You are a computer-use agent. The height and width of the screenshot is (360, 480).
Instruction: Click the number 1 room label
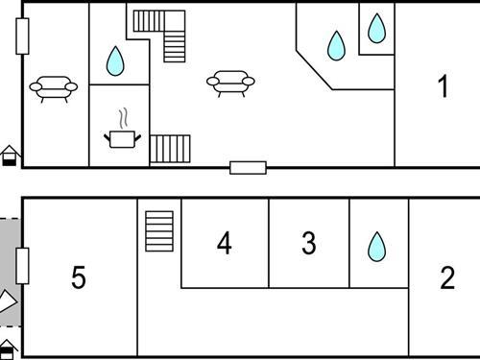[x=444, y=85]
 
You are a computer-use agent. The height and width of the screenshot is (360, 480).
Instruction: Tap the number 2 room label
[x=447, y=277]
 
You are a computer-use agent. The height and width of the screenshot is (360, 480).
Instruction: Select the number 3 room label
[x=309, y=243]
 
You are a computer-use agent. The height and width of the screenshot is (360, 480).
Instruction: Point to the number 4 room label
[x=224, y=243]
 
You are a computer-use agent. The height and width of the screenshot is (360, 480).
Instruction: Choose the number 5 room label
[x=79, y=277]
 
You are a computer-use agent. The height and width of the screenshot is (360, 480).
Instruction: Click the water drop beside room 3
[x=377, y=247]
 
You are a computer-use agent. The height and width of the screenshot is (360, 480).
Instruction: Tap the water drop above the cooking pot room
[x=115, y=61]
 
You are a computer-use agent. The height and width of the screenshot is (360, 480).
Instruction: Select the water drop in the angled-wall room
[x=336, y=45]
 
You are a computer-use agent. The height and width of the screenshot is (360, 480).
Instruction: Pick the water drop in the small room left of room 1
[x=376, y=28]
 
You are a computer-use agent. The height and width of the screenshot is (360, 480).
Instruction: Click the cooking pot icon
[x=122, y=139]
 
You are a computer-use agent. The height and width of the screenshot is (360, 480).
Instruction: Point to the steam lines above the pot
[x=124, y=119]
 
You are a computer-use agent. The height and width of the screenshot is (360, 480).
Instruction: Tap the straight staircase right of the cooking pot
[x=170, y=149]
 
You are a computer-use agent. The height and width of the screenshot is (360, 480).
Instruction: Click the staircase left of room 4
[x=159, y=231]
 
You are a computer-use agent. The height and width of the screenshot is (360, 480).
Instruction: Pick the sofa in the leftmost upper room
[x=54, y=88]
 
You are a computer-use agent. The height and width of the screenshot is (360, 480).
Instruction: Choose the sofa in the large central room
[x=230, y=84]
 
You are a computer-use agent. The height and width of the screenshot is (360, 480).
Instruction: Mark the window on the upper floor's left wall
[x=22, y=36]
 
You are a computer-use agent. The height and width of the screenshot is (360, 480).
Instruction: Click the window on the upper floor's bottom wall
[x=248, y=168]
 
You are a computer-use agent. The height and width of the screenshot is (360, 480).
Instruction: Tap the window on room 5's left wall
[x=22, y=266]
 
